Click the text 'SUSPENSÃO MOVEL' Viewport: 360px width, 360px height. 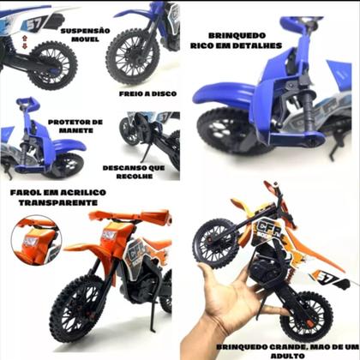(85, 35)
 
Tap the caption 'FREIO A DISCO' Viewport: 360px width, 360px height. (147, 93)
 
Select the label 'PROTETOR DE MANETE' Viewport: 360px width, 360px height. (75, 126)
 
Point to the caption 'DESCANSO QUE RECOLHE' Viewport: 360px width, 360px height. (134, 171)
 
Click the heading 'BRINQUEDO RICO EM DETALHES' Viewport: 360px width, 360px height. (237, 40)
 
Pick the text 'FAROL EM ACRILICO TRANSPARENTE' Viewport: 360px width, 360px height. (58, 197)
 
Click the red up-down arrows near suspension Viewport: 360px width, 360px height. (25, 42)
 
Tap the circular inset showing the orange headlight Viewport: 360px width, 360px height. (36, 241)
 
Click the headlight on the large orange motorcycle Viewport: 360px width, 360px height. (109, 235)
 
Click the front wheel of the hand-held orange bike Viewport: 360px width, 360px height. (216, 243)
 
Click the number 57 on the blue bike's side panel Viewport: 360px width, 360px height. (34, 23)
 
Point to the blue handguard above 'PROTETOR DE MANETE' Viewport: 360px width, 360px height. (27, 102)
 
